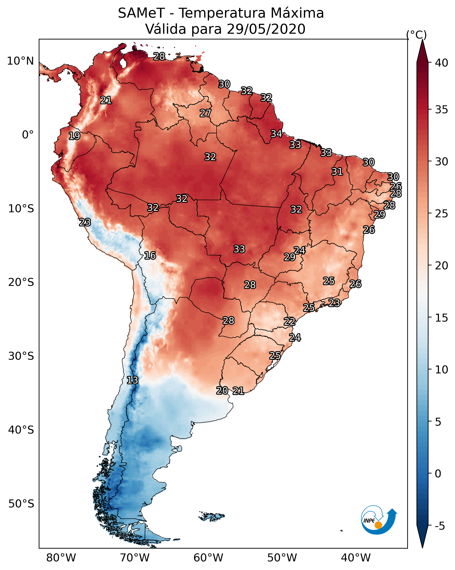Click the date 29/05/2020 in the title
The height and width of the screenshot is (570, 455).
coord(266,29)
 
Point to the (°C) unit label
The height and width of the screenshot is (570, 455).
coord(416,35)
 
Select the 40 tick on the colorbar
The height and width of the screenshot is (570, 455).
coord(442,63)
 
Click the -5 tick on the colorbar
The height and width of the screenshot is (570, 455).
coord(440,526)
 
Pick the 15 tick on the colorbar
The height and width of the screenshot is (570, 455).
coord(442,318)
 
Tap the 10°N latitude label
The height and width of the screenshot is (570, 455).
coord(20,61)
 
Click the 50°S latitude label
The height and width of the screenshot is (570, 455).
coord(21,504)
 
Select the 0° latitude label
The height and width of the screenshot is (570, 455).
coord(28,135)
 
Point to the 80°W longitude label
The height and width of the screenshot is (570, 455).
coord(61,558)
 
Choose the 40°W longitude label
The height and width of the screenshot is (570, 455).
coord(356,558)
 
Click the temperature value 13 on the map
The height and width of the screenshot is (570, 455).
coord(132,380)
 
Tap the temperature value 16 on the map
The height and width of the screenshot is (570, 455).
coord(150,255)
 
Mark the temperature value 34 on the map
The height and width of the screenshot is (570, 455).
coord(276,134)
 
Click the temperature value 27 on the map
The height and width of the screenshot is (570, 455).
coord(205,113)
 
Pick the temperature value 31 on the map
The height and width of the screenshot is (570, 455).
coord(337,171)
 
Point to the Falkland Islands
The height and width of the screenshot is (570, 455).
coord(211,516)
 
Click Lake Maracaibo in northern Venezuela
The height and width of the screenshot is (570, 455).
coord(123,63)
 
